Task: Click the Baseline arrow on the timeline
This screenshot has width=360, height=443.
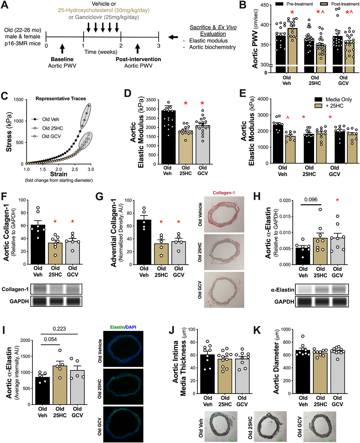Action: pyautogui.click(x=62, y=48)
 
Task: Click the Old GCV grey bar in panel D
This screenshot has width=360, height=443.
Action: pyautogui.click(x=203, y=144)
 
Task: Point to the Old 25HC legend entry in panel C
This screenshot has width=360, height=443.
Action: pyautogui.click(x=52, y=128)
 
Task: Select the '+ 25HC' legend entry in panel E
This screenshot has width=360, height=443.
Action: pyautogui.click(x=334, y=106)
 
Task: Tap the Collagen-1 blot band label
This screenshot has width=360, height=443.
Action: pyautogui.click(x=15, y=289)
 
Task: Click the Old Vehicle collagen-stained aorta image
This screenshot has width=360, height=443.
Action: pyautogui.click(x=224, y=215)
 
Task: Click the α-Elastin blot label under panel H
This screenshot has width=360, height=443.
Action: pyautogui.click(x=282, y=290)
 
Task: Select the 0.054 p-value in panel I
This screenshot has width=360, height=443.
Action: pyautogui.click(x=50, y=340)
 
